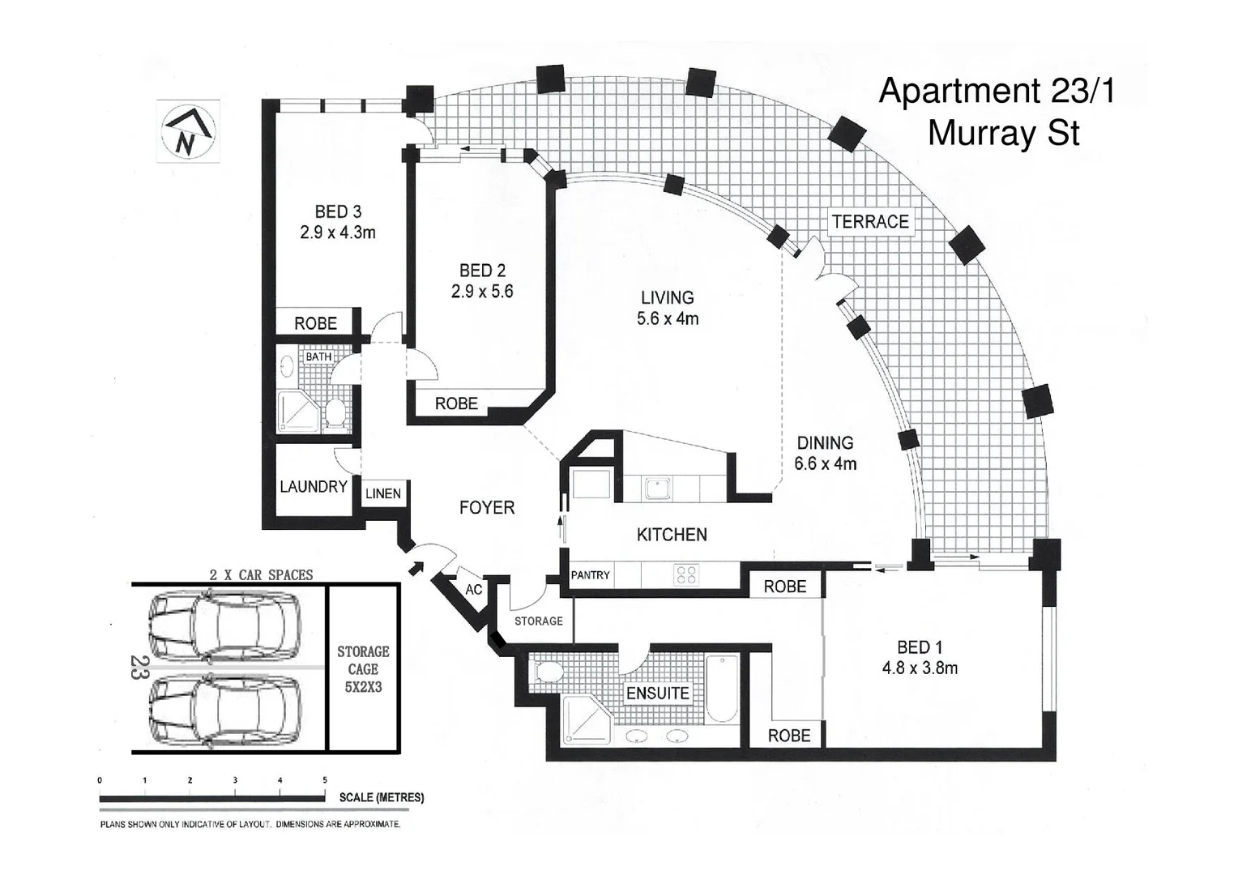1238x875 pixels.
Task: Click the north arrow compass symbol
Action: (x=188, y=130)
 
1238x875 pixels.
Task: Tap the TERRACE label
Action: (x=870, y=222)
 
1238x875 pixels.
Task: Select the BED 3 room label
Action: (x=338, y=212)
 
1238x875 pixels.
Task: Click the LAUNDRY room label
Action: (x=313, y=487)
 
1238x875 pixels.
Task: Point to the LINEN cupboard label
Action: (x=383, y=493)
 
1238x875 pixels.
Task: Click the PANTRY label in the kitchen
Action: (x=590, y=575)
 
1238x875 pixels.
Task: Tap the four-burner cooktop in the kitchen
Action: (x=686, y=575)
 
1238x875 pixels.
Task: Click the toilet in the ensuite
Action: (x=549, y=672)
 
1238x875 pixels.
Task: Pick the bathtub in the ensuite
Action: (x=720, y=688)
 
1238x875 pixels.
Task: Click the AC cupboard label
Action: (x=474, y=590)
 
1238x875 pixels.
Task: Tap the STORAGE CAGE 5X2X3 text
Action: (x=363, y=669)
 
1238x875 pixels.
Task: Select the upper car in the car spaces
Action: (x=224, y=625)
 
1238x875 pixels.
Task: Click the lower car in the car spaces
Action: (x=224, y=711)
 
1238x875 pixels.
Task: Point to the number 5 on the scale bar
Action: (x=325, y=780)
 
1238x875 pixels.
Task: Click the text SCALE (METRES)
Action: (x=381, y=797)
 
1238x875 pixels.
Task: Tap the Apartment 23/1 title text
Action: (x=997, y=92)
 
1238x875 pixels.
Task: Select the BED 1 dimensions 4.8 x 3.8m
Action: (x=920, y=668)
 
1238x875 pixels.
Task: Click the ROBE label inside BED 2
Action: (x=456, y=403)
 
